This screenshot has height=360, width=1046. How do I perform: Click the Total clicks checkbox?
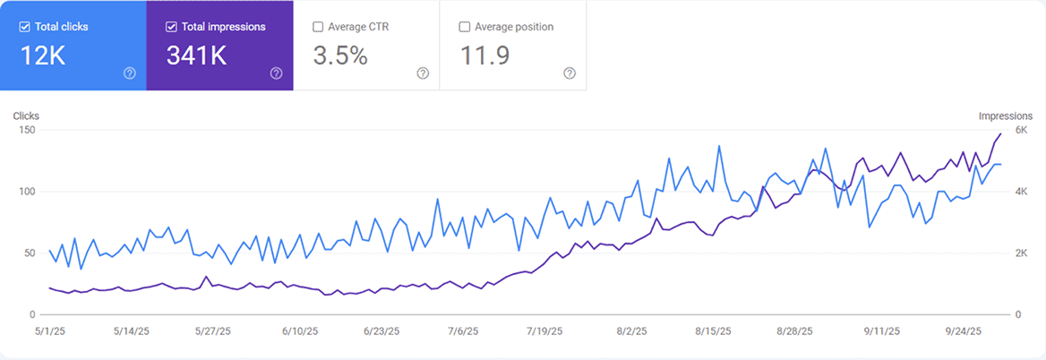tap(24, 27)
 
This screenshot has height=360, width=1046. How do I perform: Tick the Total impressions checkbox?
tap(171, 27)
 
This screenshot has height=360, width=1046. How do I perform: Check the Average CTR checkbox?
tap(318, 27)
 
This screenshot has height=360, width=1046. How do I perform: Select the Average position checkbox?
tap(465, 27)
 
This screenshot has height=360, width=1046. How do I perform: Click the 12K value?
tap(43, 56)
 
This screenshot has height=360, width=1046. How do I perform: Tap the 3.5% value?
tap(340, 56)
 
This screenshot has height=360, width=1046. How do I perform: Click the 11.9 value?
tap(484, 56)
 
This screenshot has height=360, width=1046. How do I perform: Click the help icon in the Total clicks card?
tap(129, 73)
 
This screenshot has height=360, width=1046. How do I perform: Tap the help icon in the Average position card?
tap(570, 73)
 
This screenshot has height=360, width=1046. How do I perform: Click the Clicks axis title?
tap(26, 116)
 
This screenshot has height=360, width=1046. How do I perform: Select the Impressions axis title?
tap(1006, 116)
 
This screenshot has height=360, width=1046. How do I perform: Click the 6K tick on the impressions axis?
tap(1020, 130)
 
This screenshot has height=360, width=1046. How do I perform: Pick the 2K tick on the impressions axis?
tap(1020, 253)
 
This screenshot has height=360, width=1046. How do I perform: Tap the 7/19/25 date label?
tap(544, 330)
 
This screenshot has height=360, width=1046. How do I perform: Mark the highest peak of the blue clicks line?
tap(719, 146)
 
